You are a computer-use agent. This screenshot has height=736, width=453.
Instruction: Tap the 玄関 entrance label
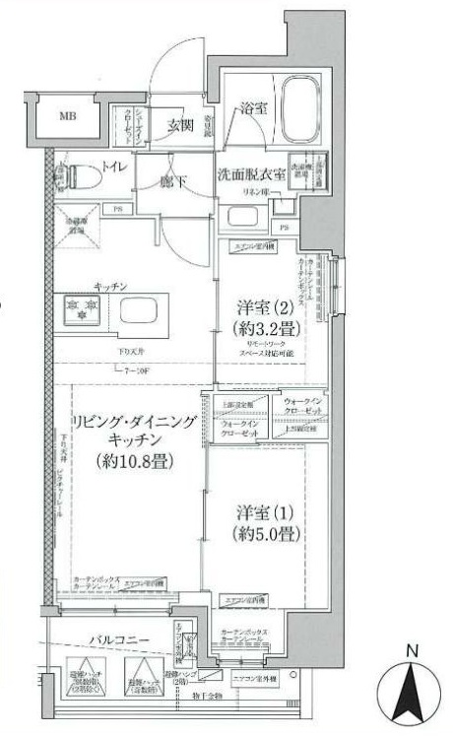coord(179,125)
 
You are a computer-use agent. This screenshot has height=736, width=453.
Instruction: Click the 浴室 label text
coord(253,110)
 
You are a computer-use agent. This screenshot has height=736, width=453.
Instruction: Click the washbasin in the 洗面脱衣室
coord(242,216)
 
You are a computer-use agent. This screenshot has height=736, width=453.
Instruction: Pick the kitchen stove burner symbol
coord(79,309)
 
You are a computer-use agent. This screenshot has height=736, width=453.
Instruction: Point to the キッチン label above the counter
coord(110,285)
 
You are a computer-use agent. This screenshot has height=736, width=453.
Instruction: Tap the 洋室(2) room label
coord(262,305)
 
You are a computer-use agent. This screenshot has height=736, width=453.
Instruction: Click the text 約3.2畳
coord(262,327)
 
